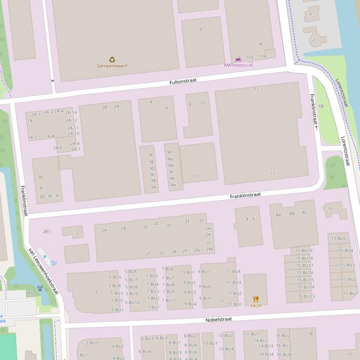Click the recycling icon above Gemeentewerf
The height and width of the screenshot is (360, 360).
pyautogui.click(x=112, y=59)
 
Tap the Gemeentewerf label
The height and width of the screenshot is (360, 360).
pyautogui.click(x=112, y=66)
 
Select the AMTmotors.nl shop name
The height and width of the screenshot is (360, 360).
pyautogui.click(x=238, y=65)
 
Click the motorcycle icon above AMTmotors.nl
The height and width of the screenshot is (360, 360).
pyautogui.click(x=238, y=59)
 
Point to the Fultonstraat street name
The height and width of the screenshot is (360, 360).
pyautogui.click(x=183, y=81)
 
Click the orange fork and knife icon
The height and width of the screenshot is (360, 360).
pyautogui.click(x=256, y=299)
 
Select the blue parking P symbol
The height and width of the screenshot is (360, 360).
pyautogui.click(x=45, y=257)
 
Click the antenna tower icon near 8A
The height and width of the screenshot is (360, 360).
pyautogui.click(x=40, y=288)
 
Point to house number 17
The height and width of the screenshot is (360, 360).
pyautogui.click(x=273, y=173)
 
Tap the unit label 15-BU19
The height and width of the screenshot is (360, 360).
pyautogui.click(x=304, y=251)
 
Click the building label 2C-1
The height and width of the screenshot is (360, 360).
pyautogui.click(x=158, y=223)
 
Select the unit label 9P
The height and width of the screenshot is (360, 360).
pyautogui.click(x=169, y=152)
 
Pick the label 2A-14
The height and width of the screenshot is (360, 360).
pyautogui.click(x=71, y=113)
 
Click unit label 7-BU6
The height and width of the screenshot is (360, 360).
pyautogui.click(x=168, y=269)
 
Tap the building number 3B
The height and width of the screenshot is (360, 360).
pyautogui.click(x=40, y=177)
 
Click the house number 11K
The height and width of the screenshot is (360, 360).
pyautogui.click(x=262, y=57)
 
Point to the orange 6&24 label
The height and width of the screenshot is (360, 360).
pyautogui.click(x=256, y=305)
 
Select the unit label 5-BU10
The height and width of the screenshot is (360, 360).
pyautogui.click(x=132, y=302)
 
